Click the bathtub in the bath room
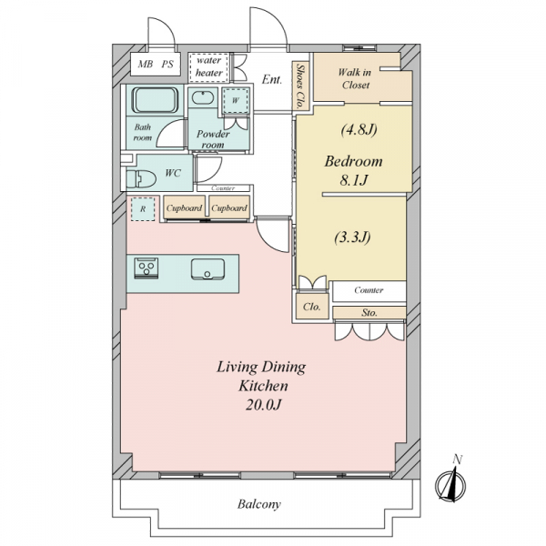155,100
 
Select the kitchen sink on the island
207,269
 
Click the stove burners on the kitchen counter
147,268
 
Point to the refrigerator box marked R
143,209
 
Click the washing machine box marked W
236,101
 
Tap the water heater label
208,66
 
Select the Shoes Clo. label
300,86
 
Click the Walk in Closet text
355,78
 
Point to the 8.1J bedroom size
353,180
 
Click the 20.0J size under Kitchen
263,405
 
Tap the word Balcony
259,504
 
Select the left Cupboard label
184,208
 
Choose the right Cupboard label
229,208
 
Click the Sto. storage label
369,313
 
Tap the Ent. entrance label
271,80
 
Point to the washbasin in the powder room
203,97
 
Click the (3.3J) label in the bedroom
352,238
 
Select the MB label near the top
146,64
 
